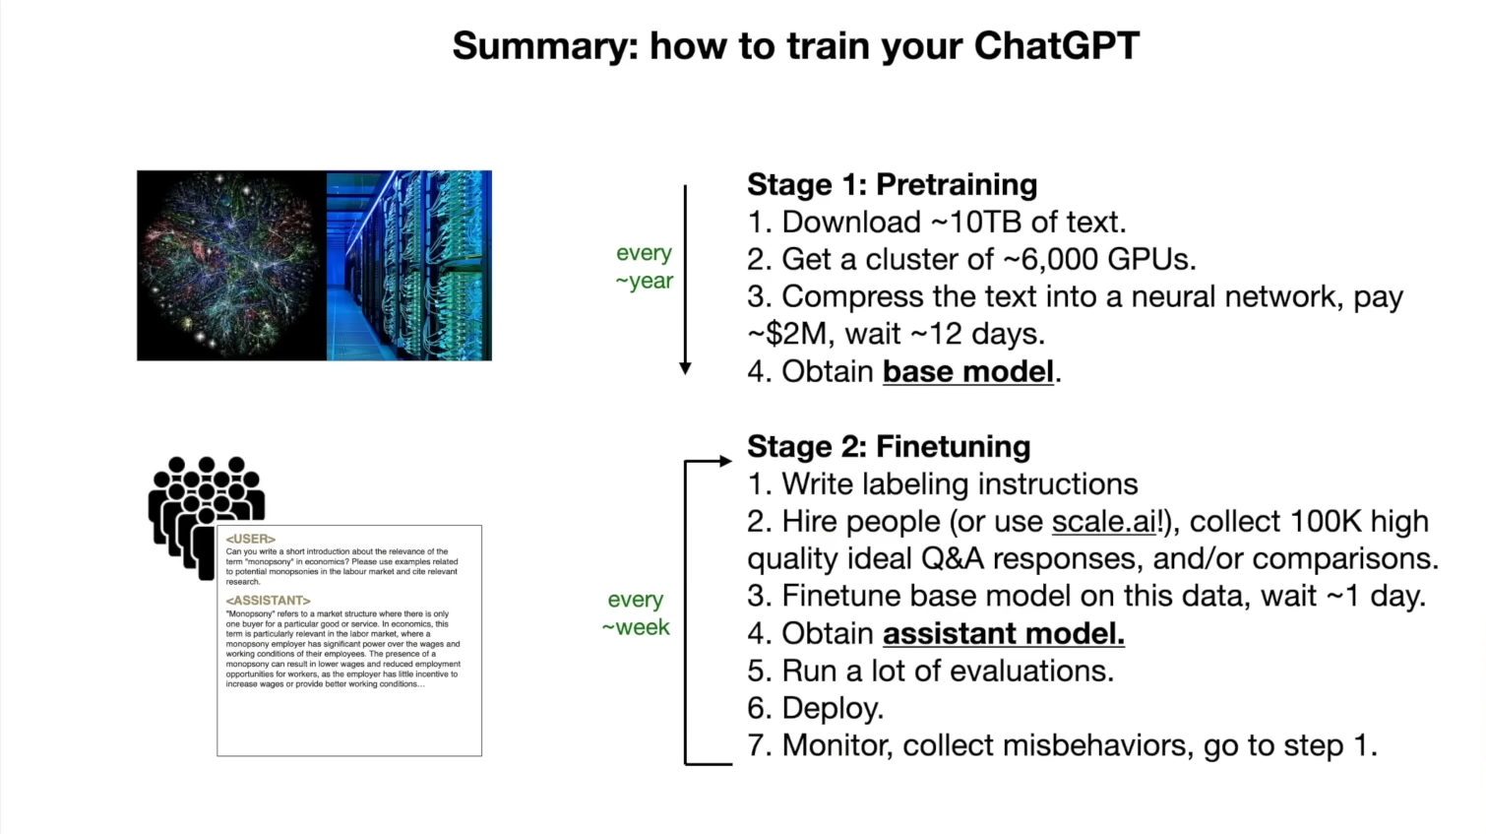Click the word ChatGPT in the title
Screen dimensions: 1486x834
pos(1057,46)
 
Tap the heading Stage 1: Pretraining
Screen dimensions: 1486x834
pos(893,184)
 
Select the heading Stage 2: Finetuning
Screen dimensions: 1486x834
pos(889,446)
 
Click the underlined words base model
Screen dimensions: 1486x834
pos(968,372)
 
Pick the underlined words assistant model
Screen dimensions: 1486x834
pos(1004,633)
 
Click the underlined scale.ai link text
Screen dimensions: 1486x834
pos(1104,522)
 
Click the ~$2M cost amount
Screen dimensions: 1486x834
pos(787,334)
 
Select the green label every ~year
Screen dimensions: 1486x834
pos(645,267)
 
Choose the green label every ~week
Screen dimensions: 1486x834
pos(636,613)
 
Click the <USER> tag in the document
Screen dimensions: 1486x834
pos(250,539)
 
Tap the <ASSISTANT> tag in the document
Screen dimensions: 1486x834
pos(268,601)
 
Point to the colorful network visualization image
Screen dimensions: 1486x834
pos(231,266)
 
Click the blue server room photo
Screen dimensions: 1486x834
pos(409,266)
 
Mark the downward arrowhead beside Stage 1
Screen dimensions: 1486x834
pos(685,368)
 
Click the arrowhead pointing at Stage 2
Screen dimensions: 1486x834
pos(725,461)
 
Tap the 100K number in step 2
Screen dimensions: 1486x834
pos(1326,522)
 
